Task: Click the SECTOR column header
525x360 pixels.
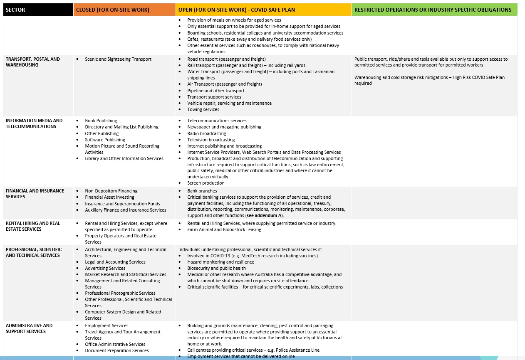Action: (15, 10)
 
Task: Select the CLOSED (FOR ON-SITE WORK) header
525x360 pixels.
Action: (112, 10)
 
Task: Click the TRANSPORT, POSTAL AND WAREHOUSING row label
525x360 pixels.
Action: (33, 62)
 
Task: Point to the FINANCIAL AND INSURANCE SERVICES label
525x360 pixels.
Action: (35, 194)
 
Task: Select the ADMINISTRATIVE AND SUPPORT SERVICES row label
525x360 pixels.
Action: (29, 328)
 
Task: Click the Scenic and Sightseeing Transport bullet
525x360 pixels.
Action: (118, 59)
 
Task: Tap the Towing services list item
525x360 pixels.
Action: (203, 109)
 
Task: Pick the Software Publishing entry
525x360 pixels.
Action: (105, 140)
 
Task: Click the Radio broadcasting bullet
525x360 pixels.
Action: (206, 133)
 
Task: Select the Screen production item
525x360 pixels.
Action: (206, 183)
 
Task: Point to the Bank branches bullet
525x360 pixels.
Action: (202, 191)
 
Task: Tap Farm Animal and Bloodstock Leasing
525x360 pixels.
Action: (224, 229)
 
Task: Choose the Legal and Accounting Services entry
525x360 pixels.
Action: (115, 262)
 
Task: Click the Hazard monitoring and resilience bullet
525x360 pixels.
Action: (220, 262)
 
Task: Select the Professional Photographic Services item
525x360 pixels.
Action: (120, 293)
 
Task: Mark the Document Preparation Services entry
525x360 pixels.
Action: (117, 350)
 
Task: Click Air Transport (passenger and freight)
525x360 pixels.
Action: (225, 84)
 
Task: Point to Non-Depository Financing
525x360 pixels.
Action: (111, 191)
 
